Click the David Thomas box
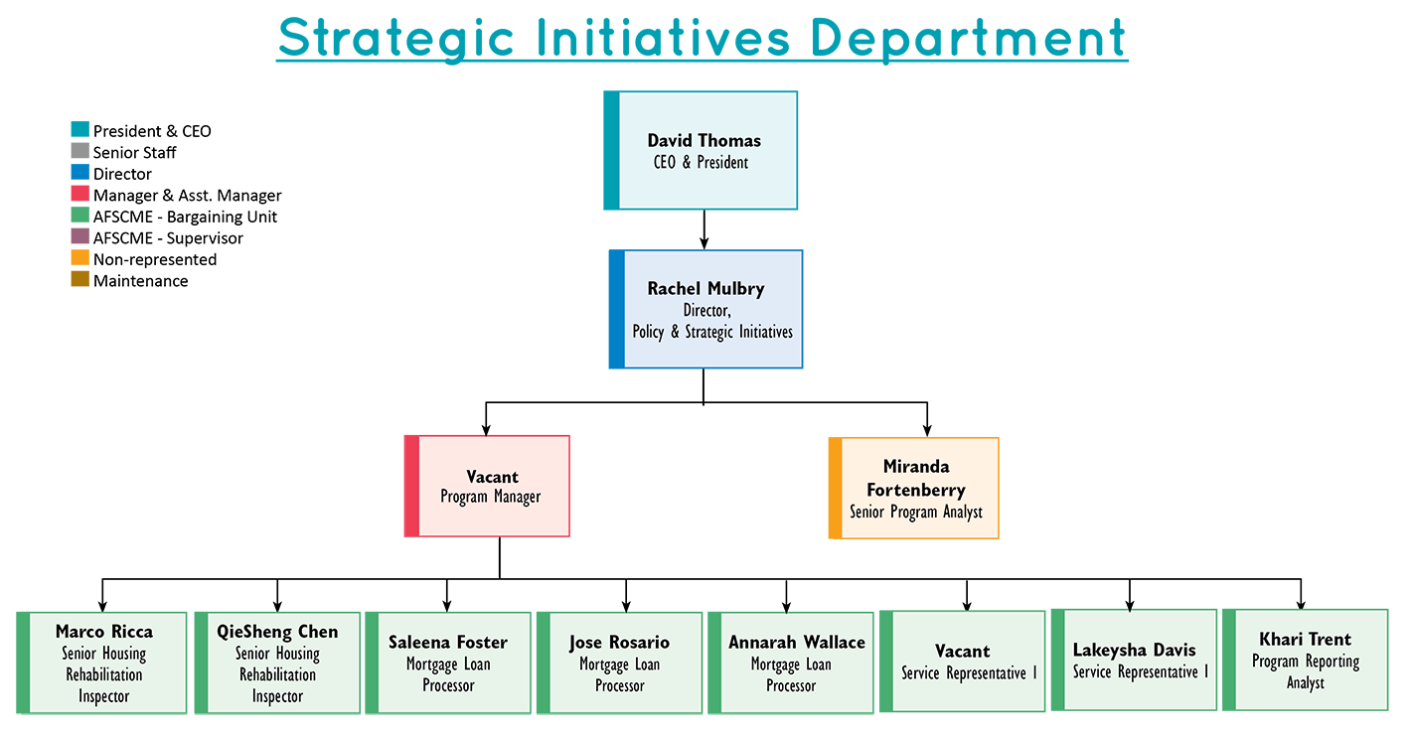point(707,150)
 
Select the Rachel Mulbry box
point(712,309)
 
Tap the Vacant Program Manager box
point(493,486)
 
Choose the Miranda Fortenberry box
point(916,488)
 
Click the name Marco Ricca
point(104,632)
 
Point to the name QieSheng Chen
point(277,632)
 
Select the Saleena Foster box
point(448,662)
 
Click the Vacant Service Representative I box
point(969,661)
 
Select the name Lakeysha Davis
point(1140,650)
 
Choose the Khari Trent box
point(1311,660)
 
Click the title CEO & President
point(706,162)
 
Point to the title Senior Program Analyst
point(916,513)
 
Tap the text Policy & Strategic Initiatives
point(712,332)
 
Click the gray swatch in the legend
point(55,150)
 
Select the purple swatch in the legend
point(55,235)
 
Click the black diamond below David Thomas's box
point(706,229)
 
